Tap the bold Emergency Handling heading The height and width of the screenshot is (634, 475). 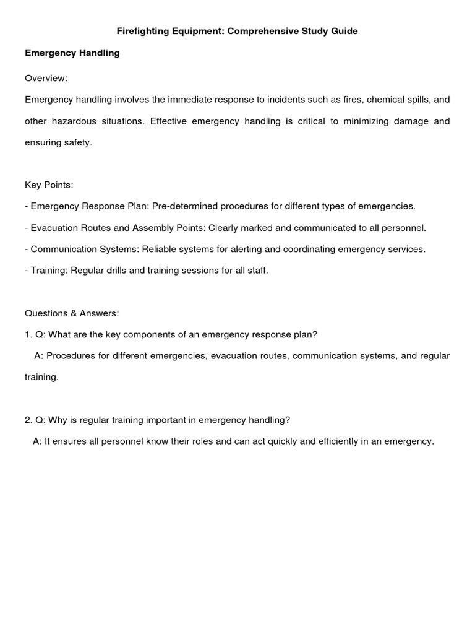coord(72,53)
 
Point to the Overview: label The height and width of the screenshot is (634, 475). coord(46,79)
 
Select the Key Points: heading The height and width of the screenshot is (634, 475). coord(49,185)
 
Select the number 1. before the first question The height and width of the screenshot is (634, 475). coord(28,334)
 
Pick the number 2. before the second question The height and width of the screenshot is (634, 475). coord(28,420)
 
